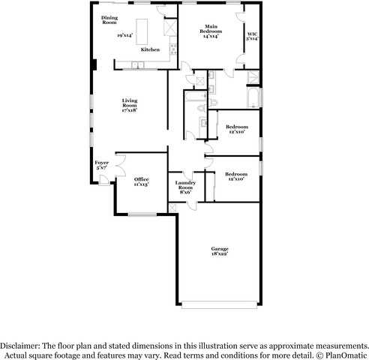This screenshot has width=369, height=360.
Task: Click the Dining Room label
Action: click(x=109, y=19)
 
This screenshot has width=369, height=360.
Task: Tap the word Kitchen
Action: click(x=150, y=49)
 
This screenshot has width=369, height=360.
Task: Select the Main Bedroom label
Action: click(x=210, y=29)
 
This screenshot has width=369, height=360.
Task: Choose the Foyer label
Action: click(x=101, y=162)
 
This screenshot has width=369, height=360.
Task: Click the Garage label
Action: click(x=220, y=249)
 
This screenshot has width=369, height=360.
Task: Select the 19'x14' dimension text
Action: click(x=125, y=35)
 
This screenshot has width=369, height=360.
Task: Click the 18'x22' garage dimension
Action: click(x=220, y=255)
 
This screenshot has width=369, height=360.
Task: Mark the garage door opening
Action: click(x=219, y=304)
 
